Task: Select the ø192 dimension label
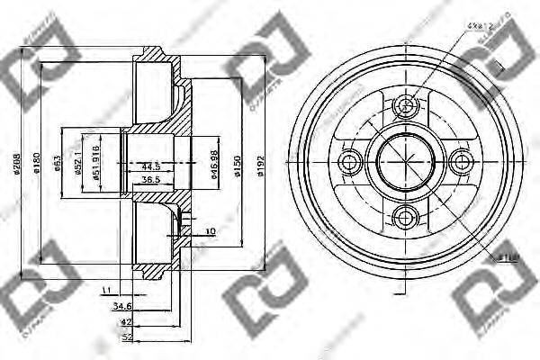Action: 260,162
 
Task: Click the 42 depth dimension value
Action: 126,321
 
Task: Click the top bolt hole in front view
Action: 407,108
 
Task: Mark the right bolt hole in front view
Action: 462,162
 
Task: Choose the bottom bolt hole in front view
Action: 407,216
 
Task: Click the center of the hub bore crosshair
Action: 407,162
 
